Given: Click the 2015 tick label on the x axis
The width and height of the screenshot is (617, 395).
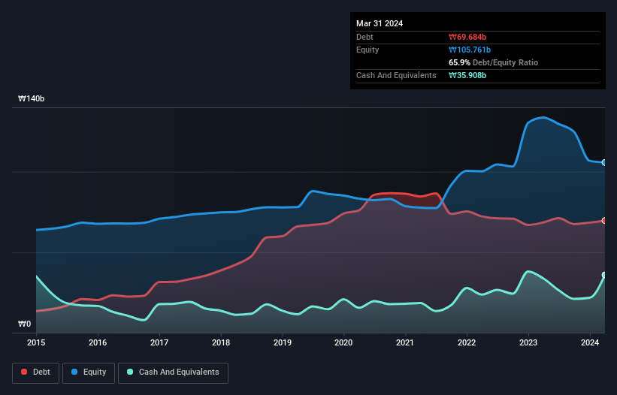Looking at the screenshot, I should pos(36,343).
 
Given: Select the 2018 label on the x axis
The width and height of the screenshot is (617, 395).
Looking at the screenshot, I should pos(221,343).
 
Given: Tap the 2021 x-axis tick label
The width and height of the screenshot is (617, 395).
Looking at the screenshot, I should pos(406,343).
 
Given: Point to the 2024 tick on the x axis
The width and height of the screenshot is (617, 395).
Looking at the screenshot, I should pos(591,343).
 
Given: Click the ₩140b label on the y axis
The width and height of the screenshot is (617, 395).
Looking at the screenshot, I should pos(32,99).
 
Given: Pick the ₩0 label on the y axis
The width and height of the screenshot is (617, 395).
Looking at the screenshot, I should pos(25,324).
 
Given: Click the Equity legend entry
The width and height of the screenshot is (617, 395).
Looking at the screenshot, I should pos(89,372).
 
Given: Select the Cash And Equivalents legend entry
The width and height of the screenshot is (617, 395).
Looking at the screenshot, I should pos(173,372).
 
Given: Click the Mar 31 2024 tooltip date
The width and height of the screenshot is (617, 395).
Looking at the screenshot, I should pos(380,23).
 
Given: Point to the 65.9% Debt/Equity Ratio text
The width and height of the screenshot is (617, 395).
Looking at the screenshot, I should pos(493,62).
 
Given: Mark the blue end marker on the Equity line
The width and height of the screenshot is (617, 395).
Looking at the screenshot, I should pos(603,162).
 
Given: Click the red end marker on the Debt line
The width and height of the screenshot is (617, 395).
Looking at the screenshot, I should pos(603,220).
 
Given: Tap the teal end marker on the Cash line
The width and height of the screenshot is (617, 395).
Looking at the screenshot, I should pos(603,275).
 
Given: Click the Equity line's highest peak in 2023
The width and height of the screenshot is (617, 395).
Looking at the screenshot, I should pos(543,118).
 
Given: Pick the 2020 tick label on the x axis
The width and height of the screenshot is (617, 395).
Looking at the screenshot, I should pos(344,343).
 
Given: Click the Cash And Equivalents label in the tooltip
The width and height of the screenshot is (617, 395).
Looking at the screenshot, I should pos(396,75).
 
